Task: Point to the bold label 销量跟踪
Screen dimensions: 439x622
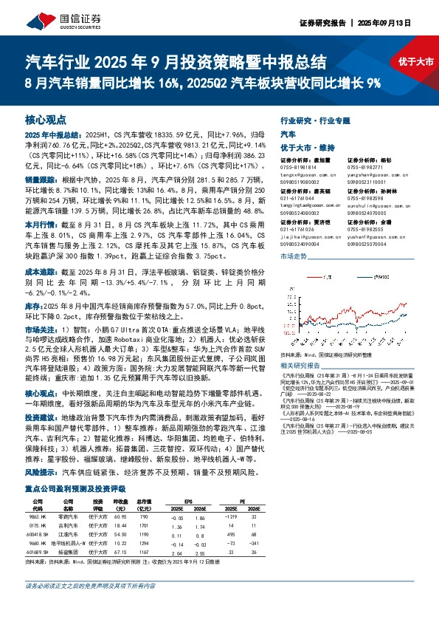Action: (40, 180)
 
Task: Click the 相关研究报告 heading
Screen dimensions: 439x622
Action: (283, 363)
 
